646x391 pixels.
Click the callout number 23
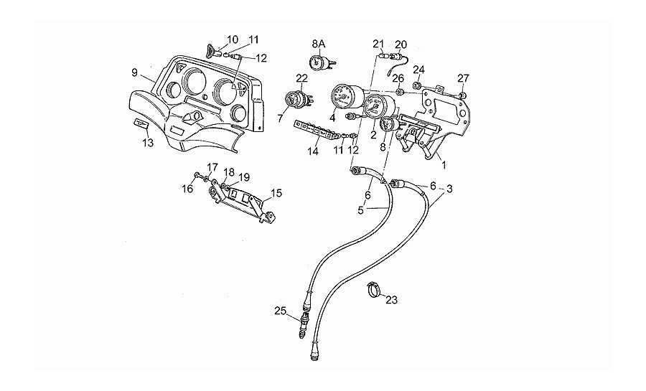391,300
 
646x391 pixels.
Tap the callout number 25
280,310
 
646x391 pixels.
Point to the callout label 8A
318,44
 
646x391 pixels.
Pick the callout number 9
134,72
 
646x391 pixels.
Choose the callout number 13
148,143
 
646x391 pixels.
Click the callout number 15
277,192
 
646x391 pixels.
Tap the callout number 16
187,189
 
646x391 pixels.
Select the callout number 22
301,78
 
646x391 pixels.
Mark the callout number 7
281,117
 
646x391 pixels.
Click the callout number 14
313,151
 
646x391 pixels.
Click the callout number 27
464,78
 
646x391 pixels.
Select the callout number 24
419,70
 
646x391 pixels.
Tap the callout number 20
401,44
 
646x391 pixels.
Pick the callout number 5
361,211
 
